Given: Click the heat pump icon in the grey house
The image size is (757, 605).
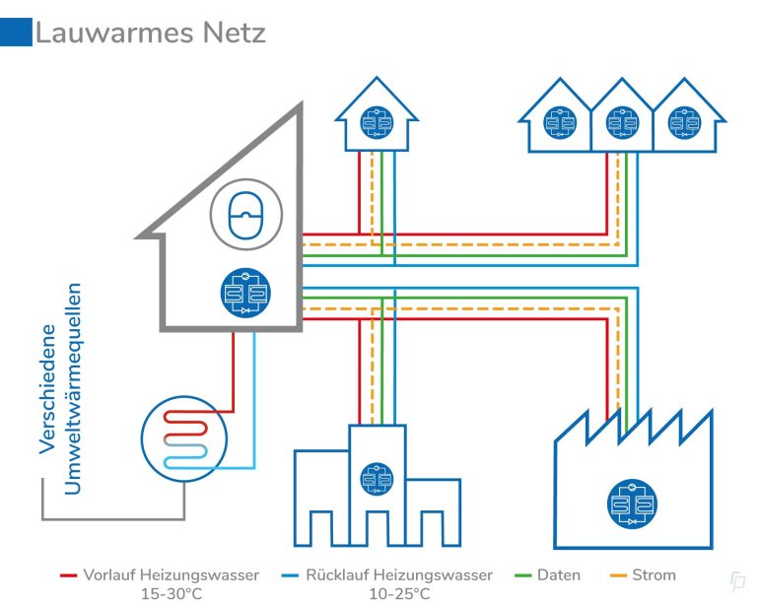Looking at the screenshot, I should click(x=241, y=294).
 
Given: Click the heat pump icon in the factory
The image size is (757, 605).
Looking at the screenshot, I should click(x=632, y=504).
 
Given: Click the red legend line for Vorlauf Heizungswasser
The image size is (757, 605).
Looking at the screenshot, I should click(x=68, y=574).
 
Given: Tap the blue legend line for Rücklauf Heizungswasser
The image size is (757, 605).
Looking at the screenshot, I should click(x=291, y=574).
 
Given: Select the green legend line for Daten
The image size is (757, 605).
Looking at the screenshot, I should click(x=522, y=574).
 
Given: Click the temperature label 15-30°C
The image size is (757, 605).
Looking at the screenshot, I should click(x=172, y=593).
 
